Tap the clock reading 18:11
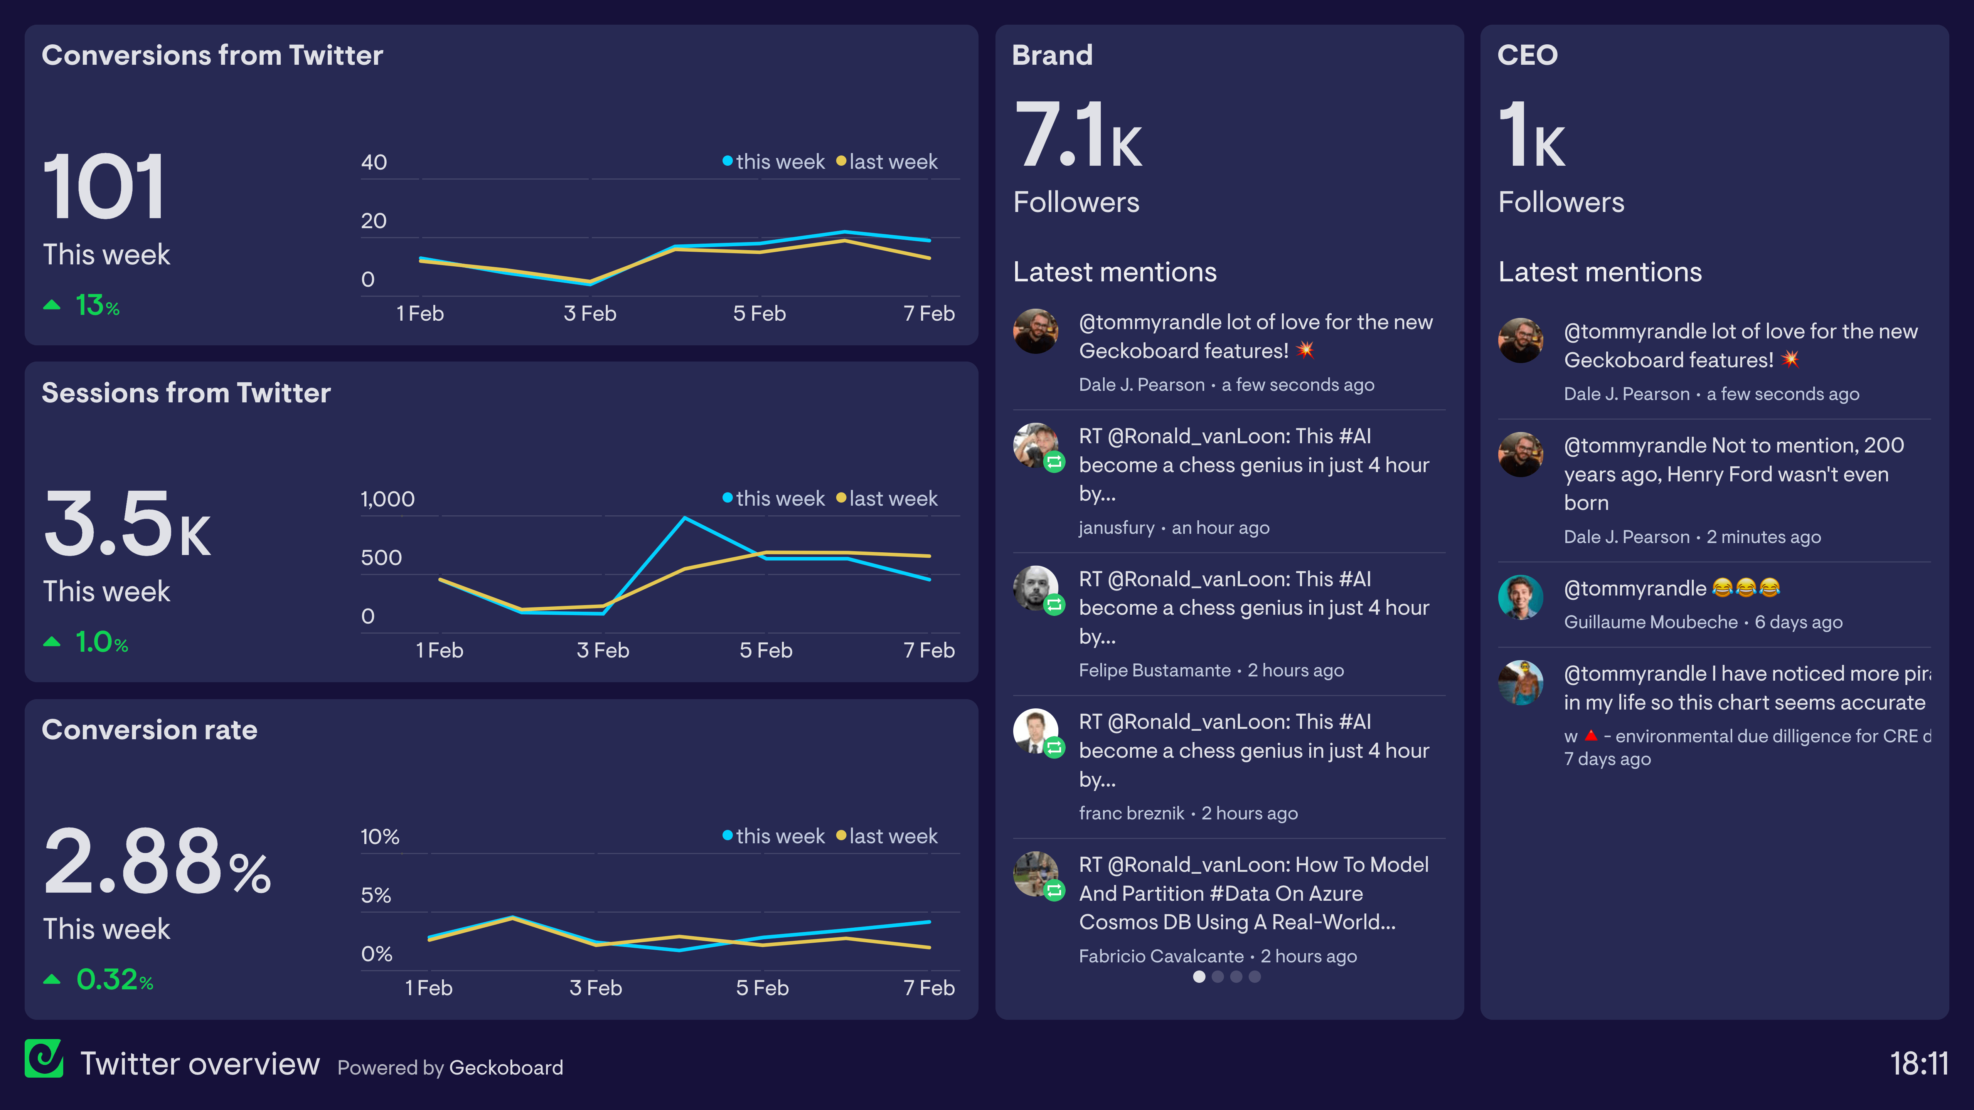(x=1918, y=1063)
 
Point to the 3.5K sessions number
(x=126, y=525)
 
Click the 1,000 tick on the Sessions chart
(x=387, y=499)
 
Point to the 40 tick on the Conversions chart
(x=374, y=162)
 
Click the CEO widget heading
(x=1527, y=55)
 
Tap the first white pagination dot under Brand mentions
(x=1199, y=977)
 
